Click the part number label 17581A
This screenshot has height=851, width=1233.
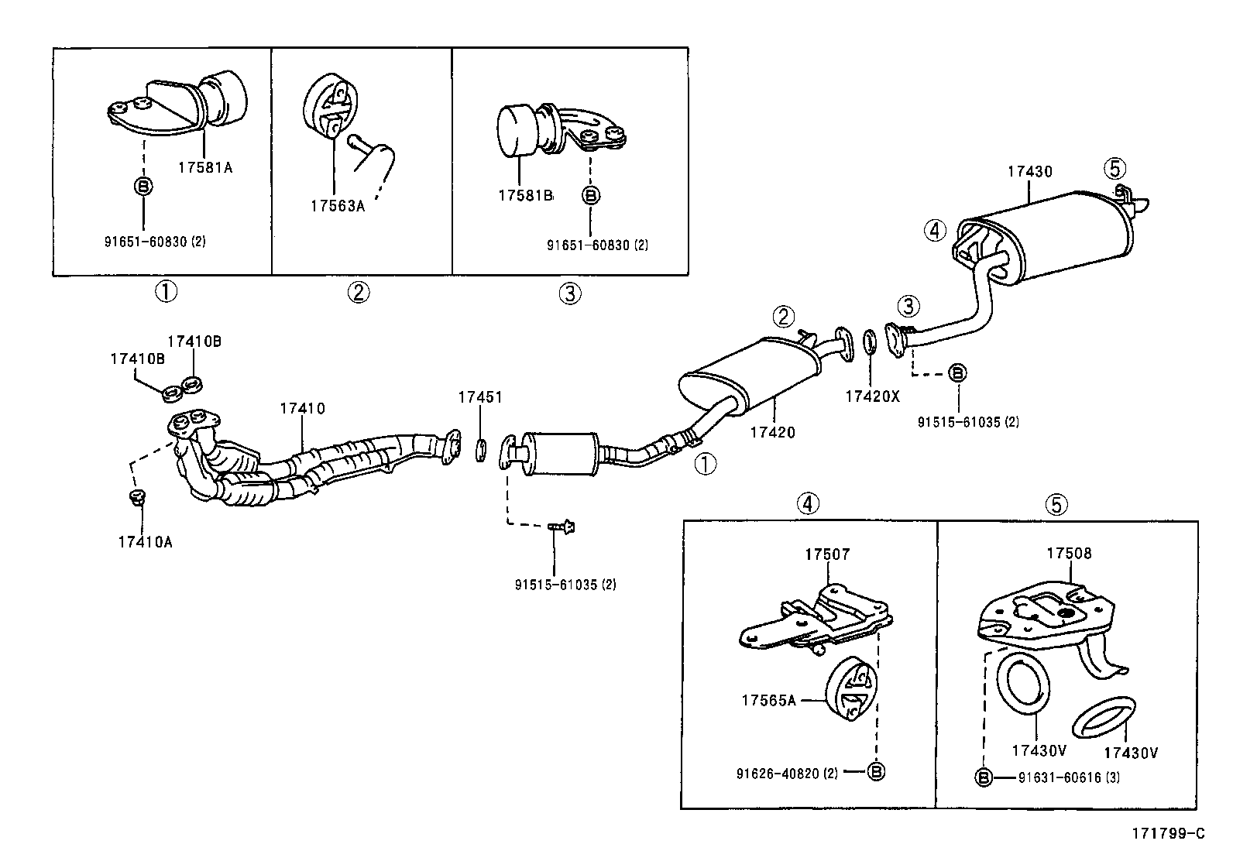pos(204,166)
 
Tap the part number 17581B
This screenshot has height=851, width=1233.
pos(525,196)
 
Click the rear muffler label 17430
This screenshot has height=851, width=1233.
pos(1029,172)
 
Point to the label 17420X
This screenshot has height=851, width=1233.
pos(872,396)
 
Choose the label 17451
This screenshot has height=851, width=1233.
pos(479,397)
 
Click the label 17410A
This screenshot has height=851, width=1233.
pos(145,542)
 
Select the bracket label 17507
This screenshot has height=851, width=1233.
pos(826,554)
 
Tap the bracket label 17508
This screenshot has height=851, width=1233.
pos(1069,554)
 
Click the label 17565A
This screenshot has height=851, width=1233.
pos(768,700)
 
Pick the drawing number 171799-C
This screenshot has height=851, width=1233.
pos(1170,833)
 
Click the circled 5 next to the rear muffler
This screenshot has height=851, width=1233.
pos(1115,168)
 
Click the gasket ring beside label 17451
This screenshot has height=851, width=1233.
pos(480,450)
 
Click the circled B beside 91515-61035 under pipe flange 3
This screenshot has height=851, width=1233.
pos(957,373)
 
